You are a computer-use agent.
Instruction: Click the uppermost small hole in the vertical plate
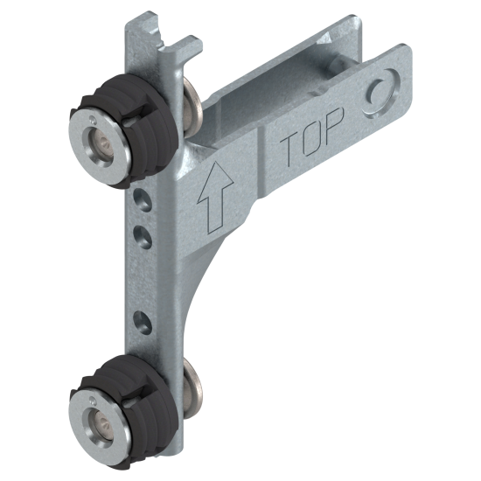143,200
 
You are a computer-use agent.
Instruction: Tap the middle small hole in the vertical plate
143,236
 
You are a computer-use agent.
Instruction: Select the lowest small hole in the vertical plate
143,322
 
